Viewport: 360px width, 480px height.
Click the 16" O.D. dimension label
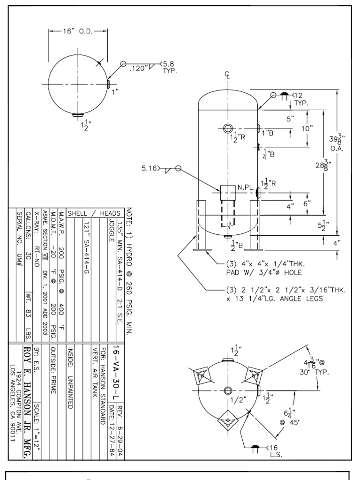pos(78,31)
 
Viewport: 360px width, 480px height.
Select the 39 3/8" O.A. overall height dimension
pos(337,140)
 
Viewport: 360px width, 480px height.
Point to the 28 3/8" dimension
pos(323,166)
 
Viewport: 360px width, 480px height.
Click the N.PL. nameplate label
pos(246,187)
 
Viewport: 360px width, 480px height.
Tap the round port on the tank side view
pos(228,128)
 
